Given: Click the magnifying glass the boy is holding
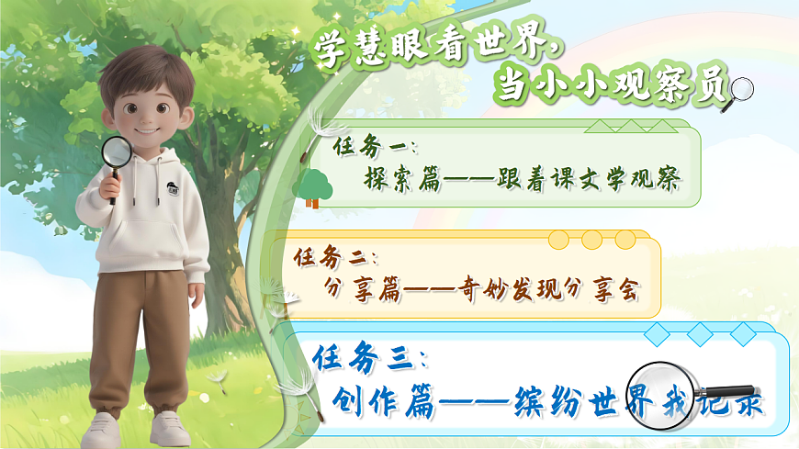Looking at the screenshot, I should tap(117, 152).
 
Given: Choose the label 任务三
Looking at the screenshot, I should tap(368, 357).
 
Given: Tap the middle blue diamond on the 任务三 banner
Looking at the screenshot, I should tap(700, 333).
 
